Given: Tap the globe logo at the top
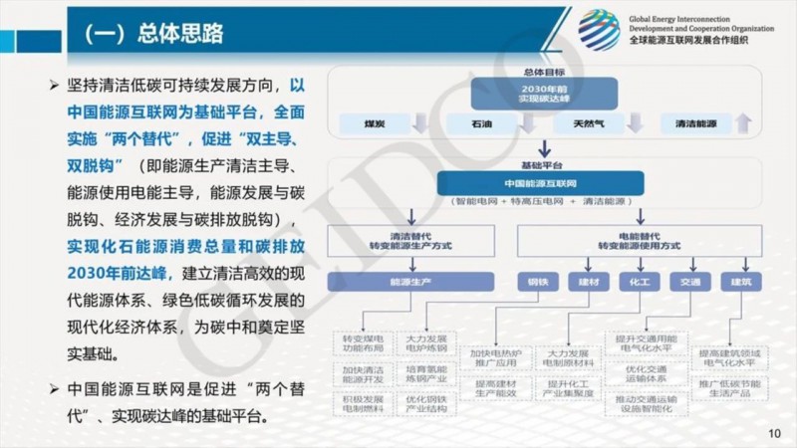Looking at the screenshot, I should (599, 30).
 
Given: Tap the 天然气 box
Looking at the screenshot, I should (581, 123).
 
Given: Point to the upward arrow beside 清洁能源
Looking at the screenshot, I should (742, 123).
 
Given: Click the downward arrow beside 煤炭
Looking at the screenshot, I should (419, 123).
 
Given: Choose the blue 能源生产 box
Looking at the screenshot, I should (383, 282).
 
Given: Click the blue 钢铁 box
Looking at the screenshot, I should (537, 282).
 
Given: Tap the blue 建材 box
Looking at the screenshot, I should (588, 282).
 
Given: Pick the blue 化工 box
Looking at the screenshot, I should (639, 282).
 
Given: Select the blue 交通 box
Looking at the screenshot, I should (689, 282).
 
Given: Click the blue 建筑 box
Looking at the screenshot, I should (740, 282).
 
